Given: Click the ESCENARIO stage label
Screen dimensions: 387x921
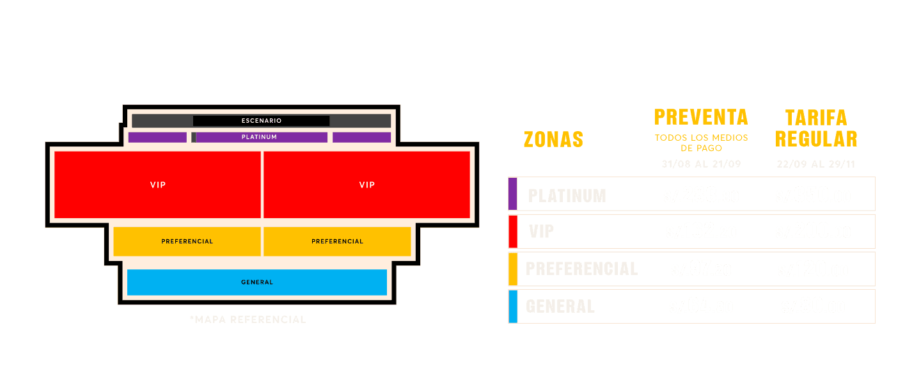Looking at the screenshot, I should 261,120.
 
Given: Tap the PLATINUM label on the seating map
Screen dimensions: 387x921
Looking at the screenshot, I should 259,137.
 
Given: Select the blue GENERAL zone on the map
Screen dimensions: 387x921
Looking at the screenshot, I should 257,282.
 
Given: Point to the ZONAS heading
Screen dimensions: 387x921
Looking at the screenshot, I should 553,139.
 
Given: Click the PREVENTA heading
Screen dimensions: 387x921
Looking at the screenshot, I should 701,118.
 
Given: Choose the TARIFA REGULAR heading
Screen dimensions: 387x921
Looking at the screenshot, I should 816,128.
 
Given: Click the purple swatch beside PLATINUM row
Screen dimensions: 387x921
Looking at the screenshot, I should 512,194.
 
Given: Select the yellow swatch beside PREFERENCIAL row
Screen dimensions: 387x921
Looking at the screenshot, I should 512,269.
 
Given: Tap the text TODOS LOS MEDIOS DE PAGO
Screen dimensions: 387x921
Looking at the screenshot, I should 701,143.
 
